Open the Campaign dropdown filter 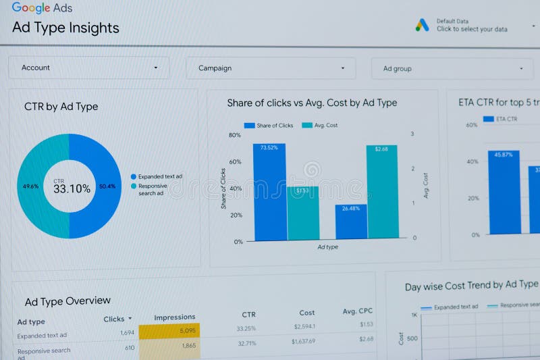(271, 68)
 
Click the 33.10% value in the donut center (72, 189)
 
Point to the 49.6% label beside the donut (30, 186)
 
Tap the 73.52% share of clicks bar (269, 192)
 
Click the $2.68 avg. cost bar (381, 192)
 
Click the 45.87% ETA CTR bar (504, 192)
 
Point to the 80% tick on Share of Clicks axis (235, 135)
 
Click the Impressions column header (175, 317)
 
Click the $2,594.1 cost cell (304, 327)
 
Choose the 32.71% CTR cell (246, 343)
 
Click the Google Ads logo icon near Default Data (423, 25)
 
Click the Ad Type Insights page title (65, 28)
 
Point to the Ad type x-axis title (327, 247)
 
